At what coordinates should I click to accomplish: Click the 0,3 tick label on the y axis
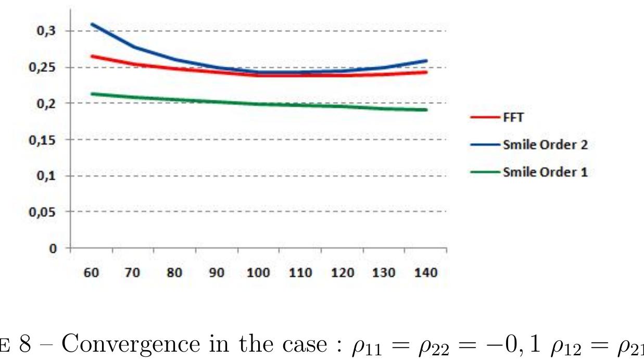[x=46, y=31]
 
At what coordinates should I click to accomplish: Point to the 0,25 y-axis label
[x=42, y=67]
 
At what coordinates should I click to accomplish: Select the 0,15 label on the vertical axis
[x=42, y=140]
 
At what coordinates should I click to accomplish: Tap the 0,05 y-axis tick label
[x=42, y=212]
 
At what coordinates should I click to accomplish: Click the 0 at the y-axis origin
[x=53, y=249]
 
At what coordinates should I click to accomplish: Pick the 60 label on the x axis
[x=92, y=272]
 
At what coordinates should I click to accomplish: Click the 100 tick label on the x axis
[x=258, y=272]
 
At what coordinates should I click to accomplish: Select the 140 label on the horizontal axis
[x=426, y=272]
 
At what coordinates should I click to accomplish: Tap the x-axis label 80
[x=174, y=272]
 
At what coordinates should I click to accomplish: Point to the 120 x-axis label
[x=343, y=272]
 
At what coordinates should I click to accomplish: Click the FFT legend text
[x=513, y=117]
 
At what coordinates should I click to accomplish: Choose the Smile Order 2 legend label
[x=546, y=145]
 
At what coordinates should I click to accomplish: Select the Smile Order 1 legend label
[x=546, y=172]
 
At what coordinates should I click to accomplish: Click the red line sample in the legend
[x=485, y=117]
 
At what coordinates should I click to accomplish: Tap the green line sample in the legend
[x=485, y=172]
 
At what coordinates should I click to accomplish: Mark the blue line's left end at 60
[x=92, y=24]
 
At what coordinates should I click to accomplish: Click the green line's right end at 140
[x=426, y=109]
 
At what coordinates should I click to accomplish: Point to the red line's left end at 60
[x=92, y=56]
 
